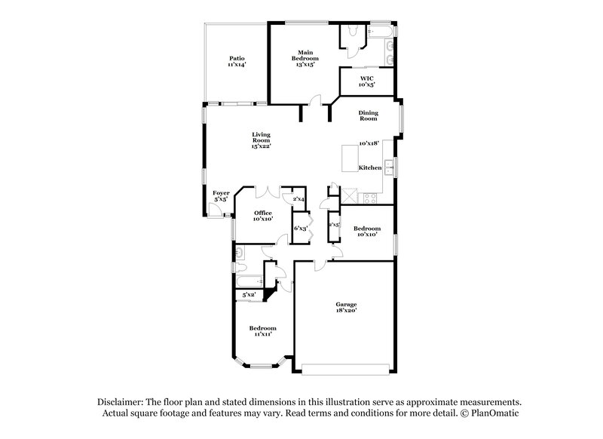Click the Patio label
237,58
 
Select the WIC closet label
366,78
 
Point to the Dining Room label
368,115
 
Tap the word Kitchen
369,167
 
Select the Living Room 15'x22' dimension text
261,145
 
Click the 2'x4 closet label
298,198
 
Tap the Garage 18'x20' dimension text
346,309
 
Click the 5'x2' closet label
249,295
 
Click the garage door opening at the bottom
346,368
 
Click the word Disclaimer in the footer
122,402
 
